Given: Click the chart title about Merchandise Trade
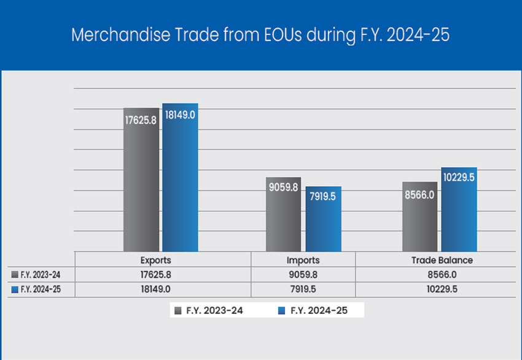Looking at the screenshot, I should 260,34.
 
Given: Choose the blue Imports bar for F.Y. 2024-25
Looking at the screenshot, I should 323,219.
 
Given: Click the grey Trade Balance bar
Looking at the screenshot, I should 419,216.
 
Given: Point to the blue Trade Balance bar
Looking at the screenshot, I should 459,209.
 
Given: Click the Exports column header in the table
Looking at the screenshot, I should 155,260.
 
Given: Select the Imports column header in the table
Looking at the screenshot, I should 303,260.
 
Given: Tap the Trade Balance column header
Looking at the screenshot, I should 442,260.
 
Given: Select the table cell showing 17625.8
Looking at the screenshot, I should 155,275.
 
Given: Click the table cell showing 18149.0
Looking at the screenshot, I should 155,289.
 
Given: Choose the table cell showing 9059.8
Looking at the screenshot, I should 303,275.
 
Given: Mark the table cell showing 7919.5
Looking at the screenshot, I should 303,289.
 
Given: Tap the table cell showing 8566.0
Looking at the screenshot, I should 442,275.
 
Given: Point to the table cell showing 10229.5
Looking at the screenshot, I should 442,289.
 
